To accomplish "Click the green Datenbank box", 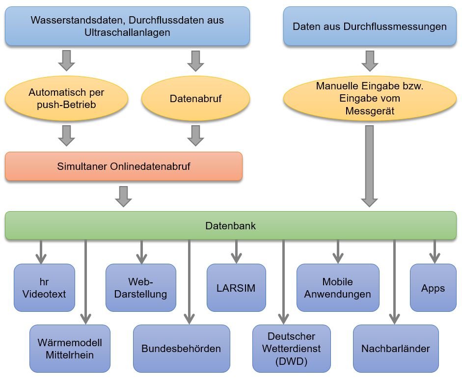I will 231,226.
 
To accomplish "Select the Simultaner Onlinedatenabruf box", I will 124,166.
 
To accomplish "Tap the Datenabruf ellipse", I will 195,99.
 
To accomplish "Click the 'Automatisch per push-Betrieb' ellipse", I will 67,99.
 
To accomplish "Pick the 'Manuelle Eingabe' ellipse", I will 370,98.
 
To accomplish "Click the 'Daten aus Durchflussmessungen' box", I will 370,27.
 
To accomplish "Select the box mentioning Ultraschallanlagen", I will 127,27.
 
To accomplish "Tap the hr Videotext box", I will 45,288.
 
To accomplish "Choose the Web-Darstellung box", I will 141,288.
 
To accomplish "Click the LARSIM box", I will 236,288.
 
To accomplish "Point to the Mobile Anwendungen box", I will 338,288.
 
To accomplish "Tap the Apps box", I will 433,288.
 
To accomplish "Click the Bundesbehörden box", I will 181,348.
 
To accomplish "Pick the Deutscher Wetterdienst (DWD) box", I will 292,349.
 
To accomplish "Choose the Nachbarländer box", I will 395,348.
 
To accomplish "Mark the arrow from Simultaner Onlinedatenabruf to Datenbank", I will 124,196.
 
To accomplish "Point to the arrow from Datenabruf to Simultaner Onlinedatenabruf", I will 195,136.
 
